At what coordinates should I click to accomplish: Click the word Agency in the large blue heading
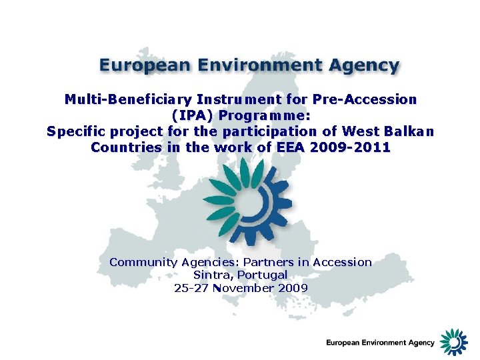click(361, 66)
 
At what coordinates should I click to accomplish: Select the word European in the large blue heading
click(141, 66)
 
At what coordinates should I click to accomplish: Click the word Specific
click(77, 131)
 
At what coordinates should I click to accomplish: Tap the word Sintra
click(213, 275)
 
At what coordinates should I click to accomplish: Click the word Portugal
click(262, 275)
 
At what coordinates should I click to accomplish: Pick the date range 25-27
click(190, 288)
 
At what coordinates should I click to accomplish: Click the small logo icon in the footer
click(455, 341)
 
